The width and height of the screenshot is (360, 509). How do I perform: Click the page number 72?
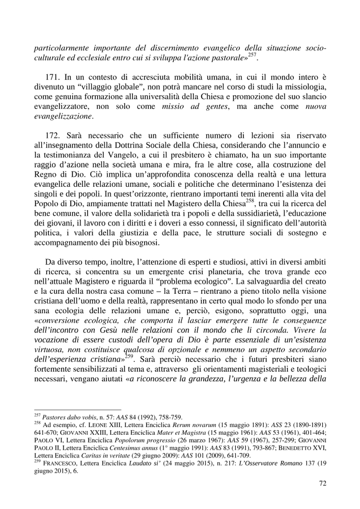tap(322, 483)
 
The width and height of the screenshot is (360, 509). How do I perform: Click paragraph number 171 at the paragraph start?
tap(53, 77)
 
